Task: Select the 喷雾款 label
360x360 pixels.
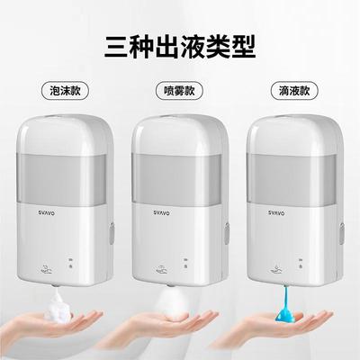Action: (181, 90)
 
